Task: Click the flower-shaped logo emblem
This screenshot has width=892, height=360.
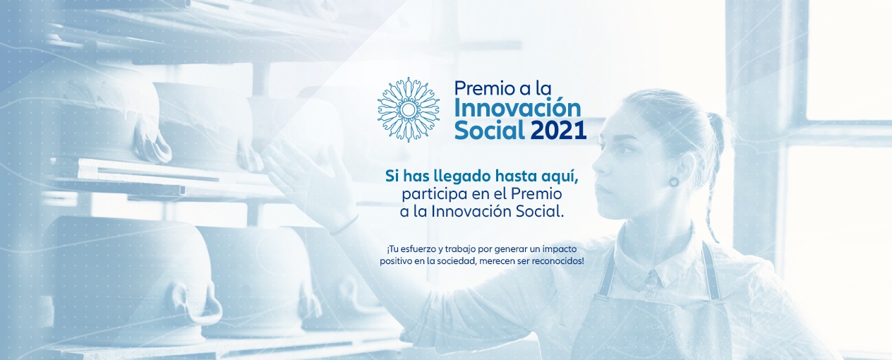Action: [x=408, y=109]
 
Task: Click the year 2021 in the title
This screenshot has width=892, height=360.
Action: [x=558, y=130]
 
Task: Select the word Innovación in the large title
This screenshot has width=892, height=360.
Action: [x=518, y=108]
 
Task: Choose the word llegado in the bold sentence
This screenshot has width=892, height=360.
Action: [x=456, y=176]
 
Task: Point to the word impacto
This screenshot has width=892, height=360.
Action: [x=560, y=249]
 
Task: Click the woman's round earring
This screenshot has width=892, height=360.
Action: [x=674, y=182]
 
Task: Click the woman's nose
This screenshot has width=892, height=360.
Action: [x=598, y=167]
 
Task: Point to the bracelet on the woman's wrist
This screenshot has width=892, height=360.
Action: [x=343, y=225]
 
